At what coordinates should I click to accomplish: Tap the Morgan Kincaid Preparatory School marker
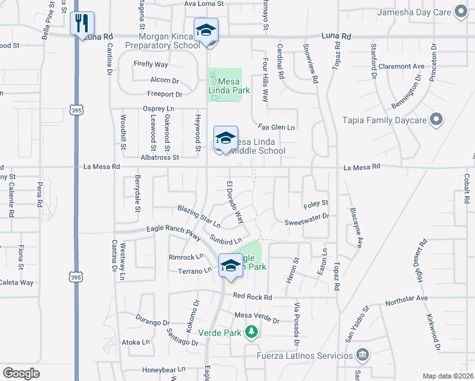pyautogui.click(x=206, y=32)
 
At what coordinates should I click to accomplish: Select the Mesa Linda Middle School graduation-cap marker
pyautogui.click(x=225, y=138)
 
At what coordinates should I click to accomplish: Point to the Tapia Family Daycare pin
pyautogui.click(x=436, y=119)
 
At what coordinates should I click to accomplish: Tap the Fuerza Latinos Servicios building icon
pyautogui.click(x=361, y=354)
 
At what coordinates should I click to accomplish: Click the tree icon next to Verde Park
pyautogui.click(x=252, y=331)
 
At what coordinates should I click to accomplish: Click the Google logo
pyautogui.click(x=21, y=373)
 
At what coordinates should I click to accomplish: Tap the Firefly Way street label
pyautogui.click(x=151, y=64)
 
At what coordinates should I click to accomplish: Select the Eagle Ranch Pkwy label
pyautogui.click(x=173, y=233)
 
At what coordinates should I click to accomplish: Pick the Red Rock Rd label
pyautogui.click(x=252, y=297)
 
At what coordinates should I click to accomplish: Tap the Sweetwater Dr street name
pyautogui.click(x=306, y=216)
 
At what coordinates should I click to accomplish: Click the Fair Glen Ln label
pyautogui.click(x=276, y=128)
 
